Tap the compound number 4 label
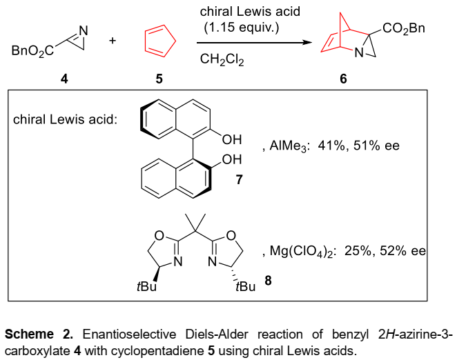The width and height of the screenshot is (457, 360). (64, 78)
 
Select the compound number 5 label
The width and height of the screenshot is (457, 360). (159, 78)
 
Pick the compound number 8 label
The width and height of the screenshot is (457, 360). (268, 281)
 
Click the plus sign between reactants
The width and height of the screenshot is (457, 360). (113, 41)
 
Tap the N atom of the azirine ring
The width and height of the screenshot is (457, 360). (84, 30)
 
